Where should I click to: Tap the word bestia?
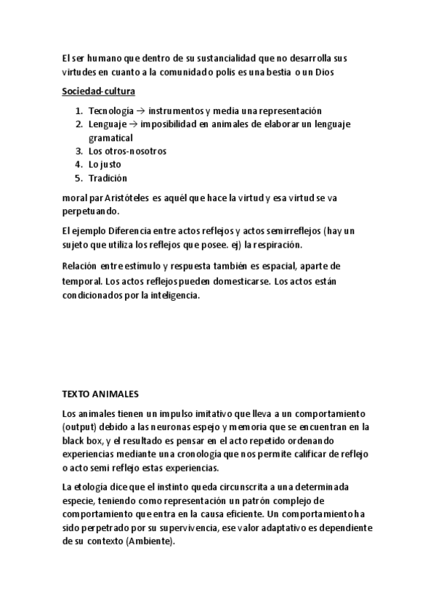click(x=291, y=73)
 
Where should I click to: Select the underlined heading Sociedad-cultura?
click(x=98, y=92)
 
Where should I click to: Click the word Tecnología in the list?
click(x=110, y=111)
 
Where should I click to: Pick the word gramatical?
click(x=110, y=137)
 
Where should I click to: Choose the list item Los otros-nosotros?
click(x=127, y=151)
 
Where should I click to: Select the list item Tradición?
click(x=108, y=177)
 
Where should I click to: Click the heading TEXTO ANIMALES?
click(x=100, y=394)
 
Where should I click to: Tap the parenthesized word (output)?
click(x=79, y=426)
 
